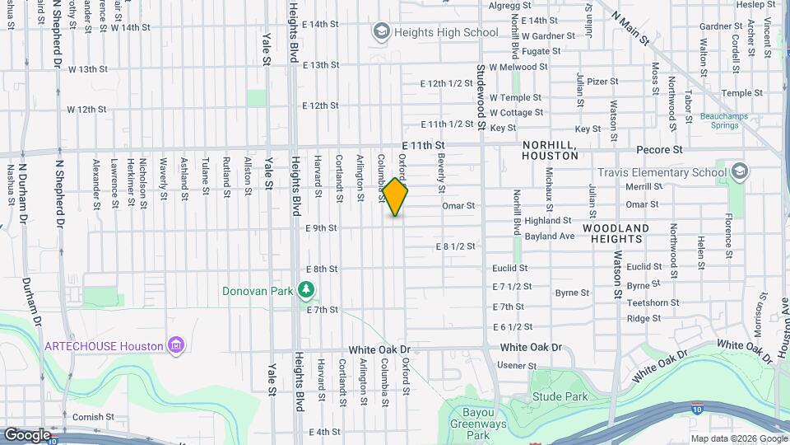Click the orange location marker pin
(395, 197)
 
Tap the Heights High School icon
(381, 32)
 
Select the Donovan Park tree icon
(306, 290)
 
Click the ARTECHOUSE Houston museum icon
(175, 346)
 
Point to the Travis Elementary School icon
(738, 172)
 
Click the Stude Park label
(560, 397)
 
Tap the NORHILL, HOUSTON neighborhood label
(551, 149)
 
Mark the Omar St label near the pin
(458, 205)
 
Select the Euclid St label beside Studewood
(509, 268)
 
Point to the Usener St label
(518, 365)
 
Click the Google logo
(27, 434)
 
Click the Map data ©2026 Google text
(738, 438)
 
